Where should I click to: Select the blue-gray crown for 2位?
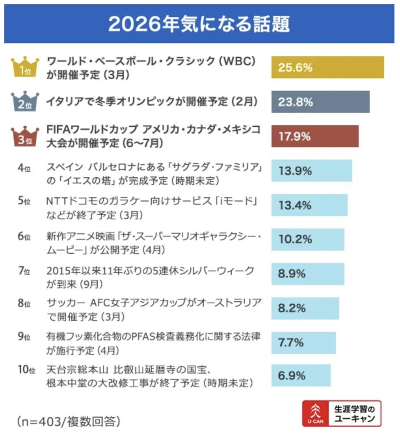click(x=24, y=102)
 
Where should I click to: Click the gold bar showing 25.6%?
click(x=328, y=68)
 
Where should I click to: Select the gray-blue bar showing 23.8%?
click(x=320, y=102)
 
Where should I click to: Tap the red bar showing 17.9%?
click(x=315, y=137)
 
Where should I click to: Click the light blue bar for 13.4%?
click(x=309, y=205)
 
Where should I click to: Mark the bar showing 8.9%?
click(x=308, y=274)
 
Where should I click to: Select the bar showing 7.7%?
click(x=303, y=343)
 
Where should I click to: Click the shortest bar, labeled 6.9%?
click(x=301, y=375)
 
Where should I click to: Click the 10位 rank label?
click(x=26, y=370)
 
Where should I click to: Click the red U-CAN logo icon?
click(x=315, y=413)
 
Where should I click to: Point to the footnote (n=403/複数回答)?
click(x=69, y=421)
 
